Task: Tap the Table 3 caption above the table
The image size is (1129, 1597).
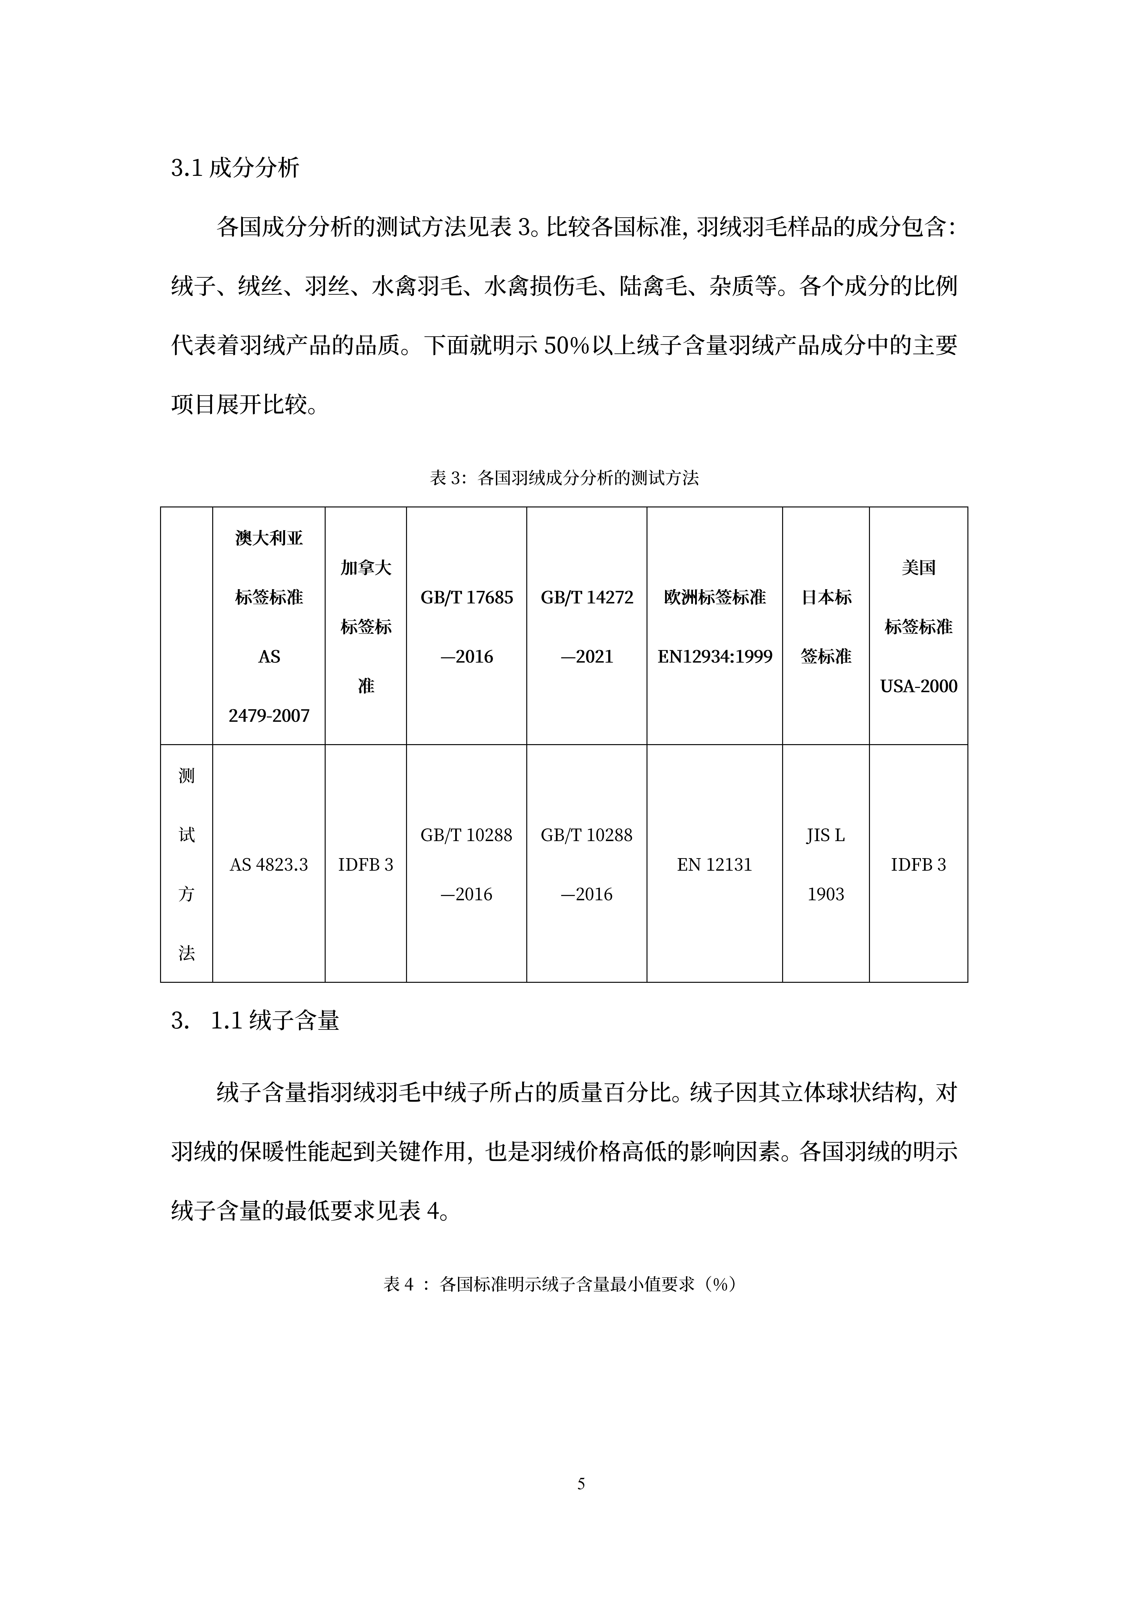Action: (x=564, y=478)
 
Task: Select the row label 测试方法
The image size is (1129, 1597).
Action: (x=186, y=864)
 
